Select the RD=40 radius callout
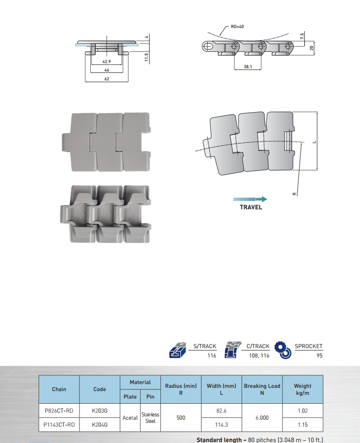237,27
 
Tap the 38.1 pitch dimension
248,67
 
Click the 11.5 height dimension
146,57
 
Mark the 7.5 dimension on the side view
302,36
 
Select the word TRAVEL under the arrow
251,207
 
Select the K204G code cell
100,425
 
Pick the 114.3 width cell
222,425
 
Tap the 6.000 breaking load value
262,418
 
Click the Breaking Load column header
262,389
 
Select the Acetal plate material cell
130,418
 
